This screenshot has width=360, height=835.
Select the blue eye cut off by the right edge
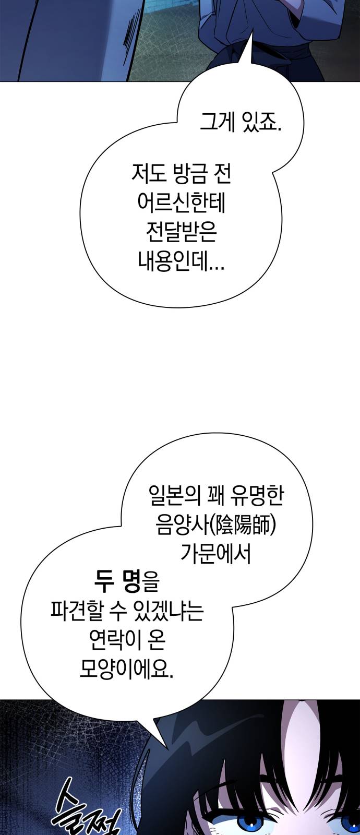coord(352,825)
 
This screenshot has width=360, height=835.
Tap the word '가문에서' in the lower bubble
coord(216,554)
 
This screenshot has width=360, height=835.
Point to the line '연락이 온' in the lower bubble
coord(127,639)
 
